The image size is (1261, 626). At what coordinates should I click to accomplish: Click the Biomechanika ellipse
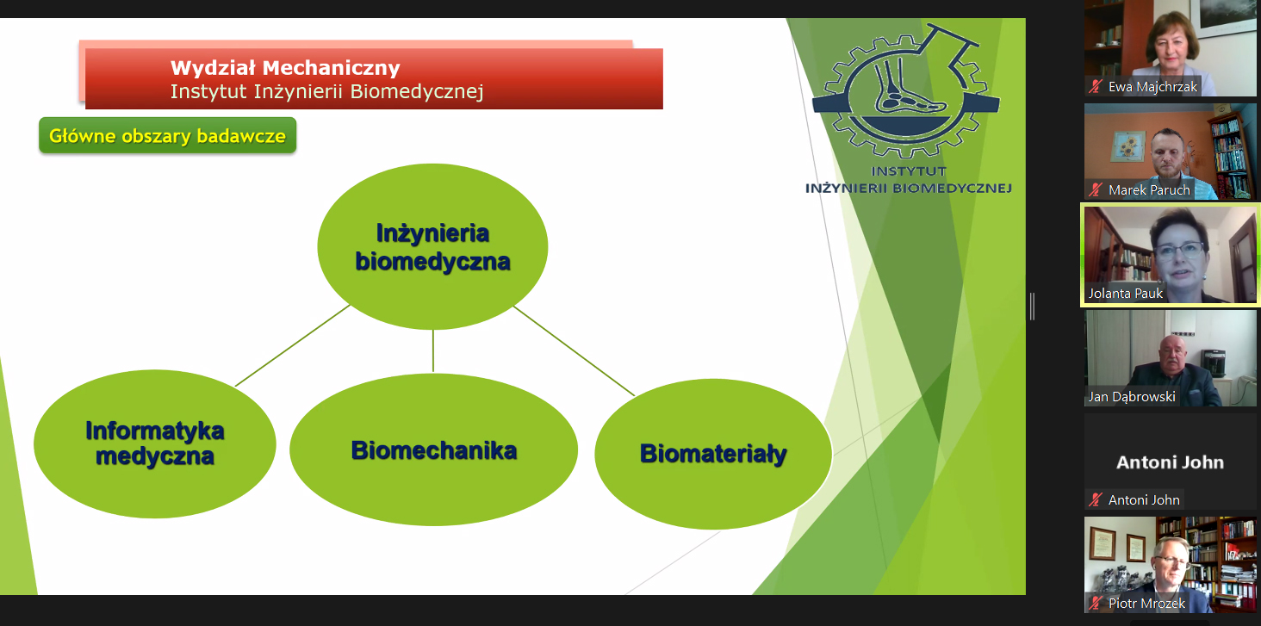pyautogui.click(x=433, y=449)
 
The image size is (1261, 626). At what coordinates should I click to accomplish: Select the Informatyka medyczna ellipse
pyautogui.click(x=155, y=443)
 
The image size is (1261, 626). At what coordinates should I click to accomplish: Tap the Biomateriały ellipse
pyautogui.click(x=713, y=454)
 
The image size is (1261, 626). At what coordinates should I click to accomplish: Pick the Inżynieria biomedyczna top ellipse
pyautogui.click(x=432, y=246)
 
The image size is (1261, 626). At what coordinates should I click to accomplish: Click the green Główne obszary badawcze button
pyautogui.click(x=167, y=136)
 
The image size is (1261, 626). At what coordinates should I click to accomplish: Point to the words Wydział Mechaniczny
pyautogui.click(x=285, y=67)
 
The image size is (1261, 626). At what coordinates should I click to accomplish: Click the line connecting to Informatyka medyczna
pyautogui.click(x=293, y=345)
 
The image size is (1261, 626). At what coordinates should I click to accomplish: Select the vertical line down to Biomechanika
pyautogui.click(x=433, y=350)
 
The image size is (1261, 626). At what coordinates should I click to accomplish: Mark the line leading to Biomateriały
pyautogui.click(x=574, y=350)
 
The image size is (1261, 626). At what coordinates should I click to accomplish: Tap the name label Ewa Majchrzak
pyautogui.click(x=1152, y=87)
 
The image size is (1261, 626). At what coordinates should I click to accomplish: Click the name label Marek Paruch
pyautogui.click(x=1149, y=190)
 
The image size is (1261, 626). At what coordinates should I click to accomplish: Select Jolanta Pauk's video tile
pyautogui.click(x=1170, y=255)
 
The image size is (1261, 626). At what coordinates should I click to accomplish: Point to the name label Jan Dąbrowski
pyautogui.click(x=1132, y=397)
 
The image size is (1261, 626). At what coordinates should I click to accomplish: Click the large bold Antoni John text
pyautogui.click(x=1170, y=462)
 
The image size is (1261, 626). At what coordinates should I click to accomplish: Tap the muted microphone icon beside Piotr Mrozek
pyautogui.click(x=1096, y=603)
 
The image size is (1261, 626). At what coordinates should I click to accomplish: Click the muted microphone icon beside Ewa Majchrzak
pyautogui.click(x=1096, y=87)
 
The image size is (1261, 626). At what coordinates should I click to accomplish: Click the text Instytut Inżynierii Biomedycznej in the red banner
pyautogui.click(x=326, y=92)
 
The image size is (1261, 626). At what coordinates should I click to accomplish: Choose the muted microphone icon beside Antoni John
pyautogui.click(x=1096, y=499)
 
